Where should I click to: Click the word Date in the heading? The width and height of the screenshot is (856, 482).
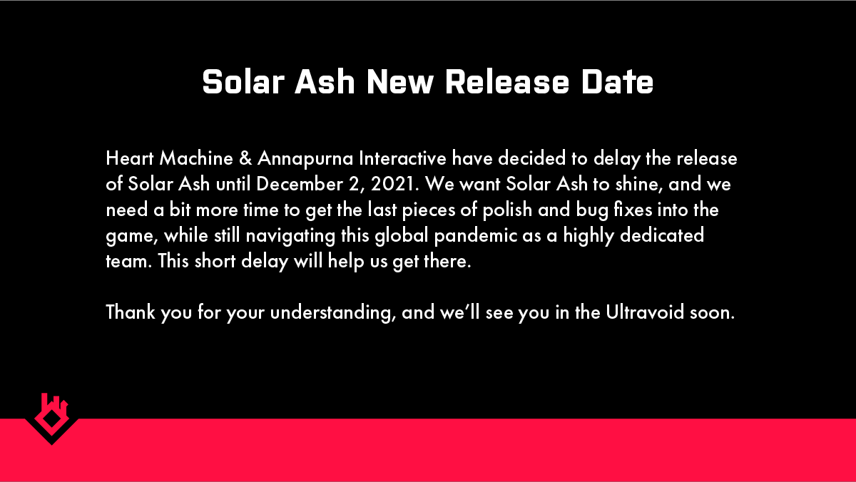click(617, 82)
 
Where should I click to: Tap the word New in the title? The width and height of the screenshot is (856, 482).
click(400, 82)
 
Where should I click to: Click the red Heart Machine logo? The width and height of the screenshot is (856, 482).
click(52, 419)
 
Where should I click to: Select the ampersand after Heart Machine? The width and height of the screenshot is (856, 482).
click(245, 158)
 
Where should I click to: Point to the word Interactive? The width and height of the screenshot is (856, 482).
click(402, 158)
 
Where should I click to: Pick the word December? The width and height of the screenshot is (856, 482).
click(300, 184)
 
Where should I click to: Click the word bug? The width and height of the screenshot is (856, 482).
click(592, 211)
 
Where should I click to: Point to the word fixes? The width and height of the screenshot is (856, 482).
click(633, 210)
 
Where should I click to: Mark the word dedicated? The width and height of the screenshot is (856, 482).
click(662, 235)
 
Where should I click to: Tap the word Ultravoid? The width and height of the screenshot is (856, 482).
click(645, 312)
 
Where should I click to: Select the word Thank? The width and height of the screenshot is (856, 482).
click(131, 312)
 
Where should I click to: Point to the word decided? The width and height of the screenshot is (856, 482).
click(531, 158)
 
